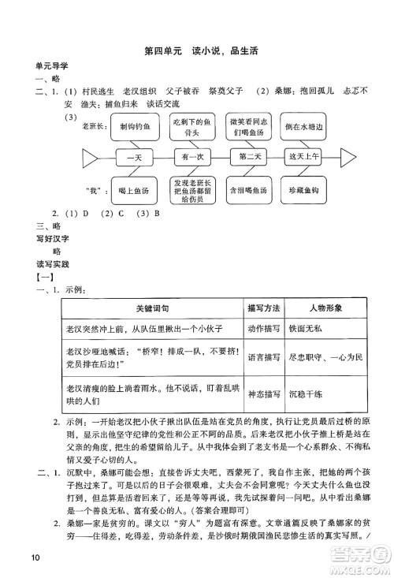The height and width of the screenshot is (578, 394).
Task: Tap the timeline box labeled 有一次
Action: point(187,158)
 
